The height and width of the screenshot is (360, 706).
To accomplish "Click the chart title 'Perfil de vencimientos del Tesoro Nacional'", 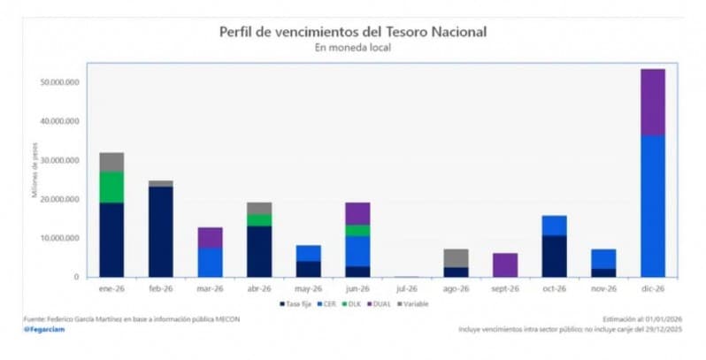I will pos(353,32).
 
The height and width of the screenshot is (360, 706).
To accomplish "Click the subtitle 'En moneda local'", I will pos(353,48).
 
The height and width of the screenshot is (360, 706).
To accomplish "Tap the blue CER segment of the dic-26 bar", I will pos(652,206).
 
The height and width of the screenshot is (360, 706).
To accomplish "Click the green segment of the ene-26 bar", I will pos(111,187).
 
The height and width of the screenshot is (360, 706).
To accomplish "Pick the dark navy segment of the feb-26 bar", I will pos(161,231).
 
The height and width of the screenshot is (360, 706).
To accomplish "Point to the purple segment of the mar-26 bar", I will pos(210,237).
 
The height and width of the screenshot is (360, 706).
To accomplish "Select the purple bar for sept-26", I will pos(505,264).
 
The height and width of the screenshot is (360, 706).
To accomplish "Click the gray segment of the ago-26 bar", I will pos(456,257).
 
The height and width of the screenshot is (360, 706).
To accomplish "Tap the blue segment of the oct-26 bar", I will pos(554,226).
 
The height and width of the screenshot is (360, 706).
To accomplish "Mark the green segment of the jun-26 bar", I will pos(357,230).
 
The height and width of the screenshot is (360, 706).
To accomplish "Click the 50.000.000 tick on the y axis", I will pos(59,82).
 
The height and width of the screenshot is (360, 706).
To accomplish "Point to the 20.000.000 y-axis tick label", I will pos(59,199).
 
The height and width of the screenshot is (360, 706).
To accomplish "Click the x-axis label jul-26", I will pos(406,288).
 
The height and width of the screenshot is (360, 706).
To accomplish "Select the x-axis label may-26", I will pos(308,288).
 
